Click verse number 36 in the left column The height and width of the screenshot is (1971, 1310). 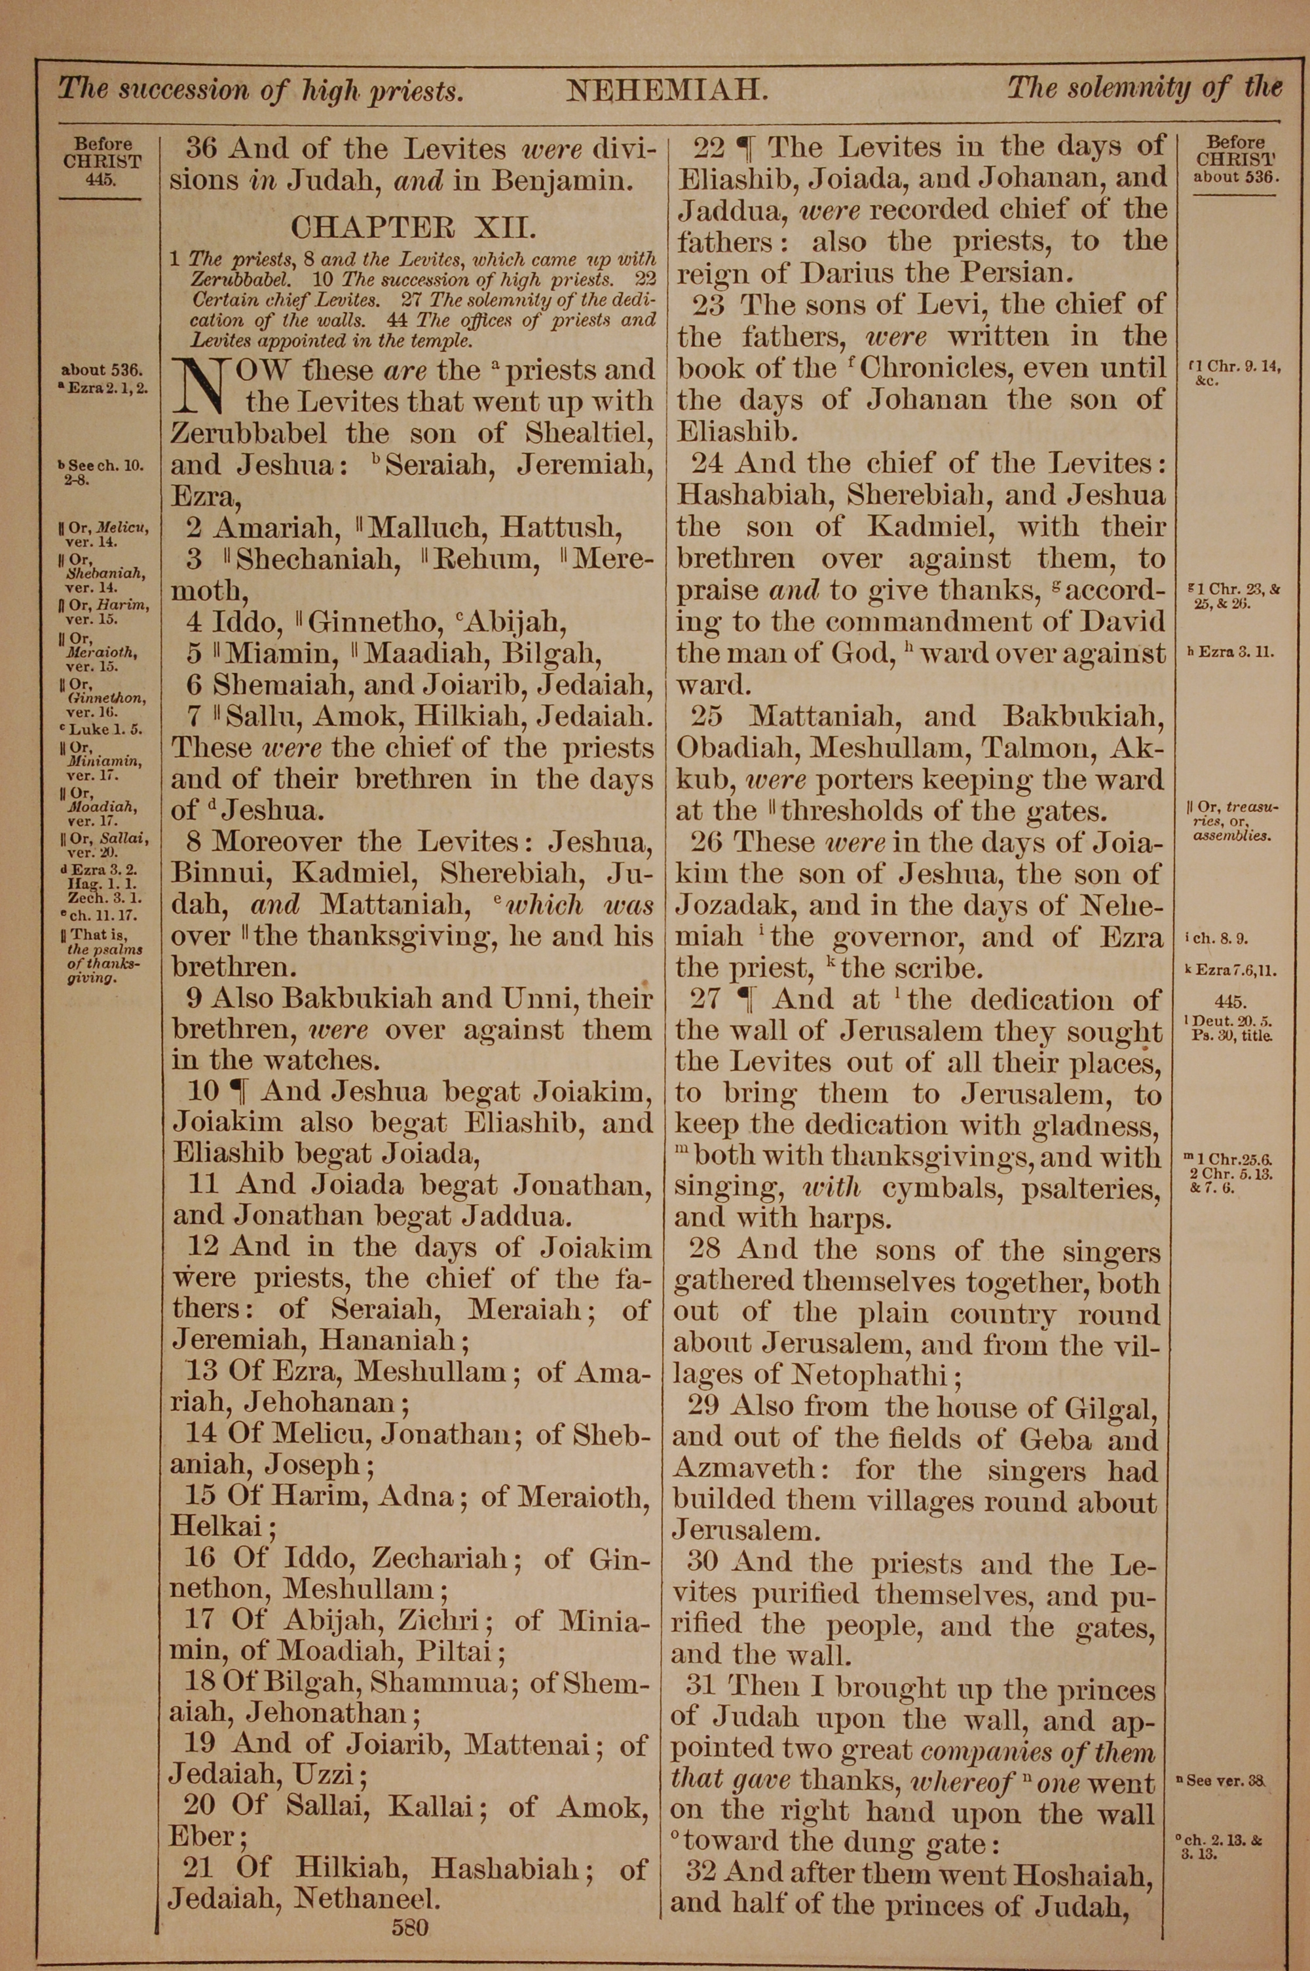(x=201, y=149)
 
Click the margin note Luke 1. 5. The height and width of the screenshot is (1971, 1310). (x=106, y=729)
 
